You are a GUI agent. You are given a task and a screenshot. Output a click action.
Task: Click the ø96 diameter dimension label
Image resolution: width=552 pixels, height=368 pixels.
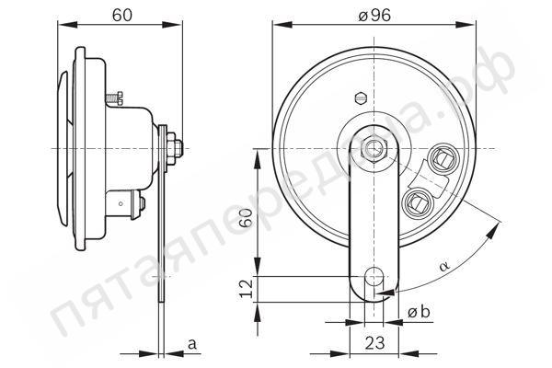coord(374,15)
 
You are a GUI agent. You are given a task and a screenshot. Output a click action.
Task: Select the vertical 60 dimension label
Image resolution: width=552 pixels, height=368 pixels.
coord(246,218)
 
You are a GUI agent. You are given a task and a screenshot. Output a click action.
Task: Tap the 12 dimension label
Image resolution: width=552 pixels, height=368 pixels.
coord(246,289)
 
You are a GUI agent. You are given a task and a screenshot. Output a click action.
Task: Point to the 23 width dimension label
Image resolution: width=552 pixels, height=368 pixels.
coord(374,342)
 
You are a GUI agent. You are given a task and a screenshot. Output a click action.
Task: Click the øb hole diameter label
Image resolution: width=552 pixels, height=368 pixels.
coord(419,312)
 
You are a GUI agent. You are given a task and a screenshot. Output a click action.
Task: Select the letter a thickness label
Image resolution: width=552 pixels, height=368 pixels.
coord(192,344)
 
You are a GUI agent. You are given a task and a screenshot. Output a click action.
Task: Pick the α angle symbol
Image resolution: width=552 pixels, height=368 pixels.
coord(444,265)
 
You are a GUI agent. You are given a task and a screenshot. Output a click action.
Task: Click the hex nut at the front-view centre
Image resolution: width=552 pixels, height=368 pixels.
coord(374,149)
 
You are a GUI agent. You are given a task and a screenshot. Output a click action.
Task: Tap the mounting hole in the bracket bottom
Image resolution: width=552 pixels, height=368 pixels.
coord(374,276)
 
